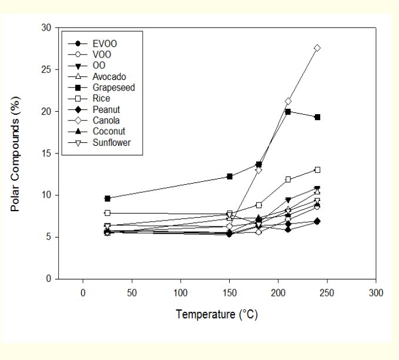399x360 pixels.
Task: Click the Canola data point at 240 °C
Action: pos(317,48)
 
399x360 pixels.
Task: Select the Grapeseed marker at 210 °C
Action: pos(288,112)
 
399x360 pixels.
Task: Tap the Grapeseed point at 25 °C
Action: pos(108,198)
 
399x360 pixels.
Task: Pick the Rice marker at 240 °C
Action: pos(317,170)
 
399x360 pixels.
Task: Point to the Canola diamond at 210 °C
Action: pos(288,101)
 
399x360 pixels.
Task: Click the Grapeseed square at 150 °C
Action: pos(230,176)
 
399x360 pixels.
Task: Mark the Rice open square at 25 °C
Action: pos(108,213)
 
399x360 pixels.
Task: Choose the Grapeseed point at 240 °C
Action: pos(317,117)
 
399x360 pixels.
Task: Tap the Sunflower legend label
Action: pos(112,142)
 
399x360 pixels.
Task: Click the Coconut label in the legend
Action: pos(109,131)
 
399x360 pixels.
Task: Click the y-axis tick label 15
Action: pos(46,154)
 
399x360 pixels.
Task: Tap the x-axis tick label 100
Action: pos(180,293)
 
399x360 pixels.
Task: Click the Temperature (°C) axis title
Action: pos(217,314)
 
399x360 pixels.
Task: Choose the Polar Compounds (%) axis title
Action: pos(15,154)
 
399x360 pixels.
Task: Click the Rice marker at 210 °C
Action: pos(288,179)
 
